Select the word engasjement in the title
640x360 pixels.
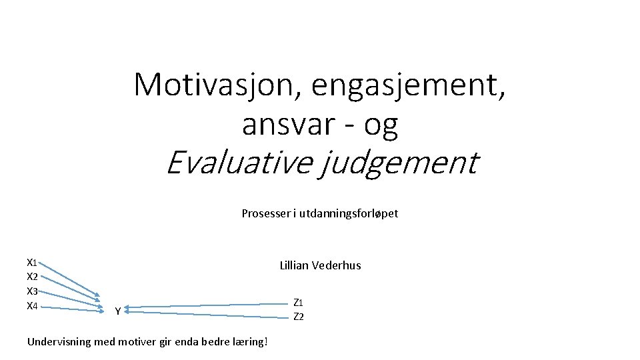(405, 85)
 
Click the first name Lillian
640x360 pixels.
(296, 265)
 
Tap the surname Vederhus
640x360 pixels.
(338, 265)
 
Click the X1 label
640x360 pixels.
(31, 262)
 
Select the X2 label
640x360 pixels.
(31, 277)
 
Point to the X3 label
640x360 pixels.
(31, 291)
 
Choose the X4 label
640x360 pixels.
(31, 306)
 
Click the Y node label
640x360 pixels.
(117, 311)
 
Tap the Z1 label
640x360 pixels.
(299, 303)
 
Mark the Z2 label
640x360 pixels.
(299, 317)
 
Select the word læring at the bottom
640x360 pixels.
(249, 342)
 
